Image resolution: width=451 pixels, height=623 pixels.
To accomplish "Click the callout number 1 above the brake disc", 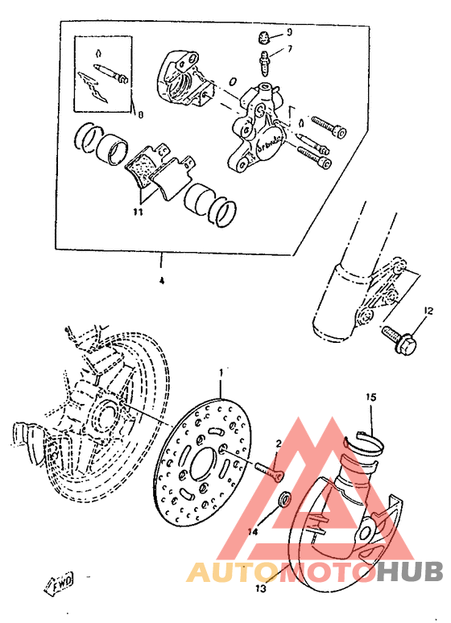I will [221, 373].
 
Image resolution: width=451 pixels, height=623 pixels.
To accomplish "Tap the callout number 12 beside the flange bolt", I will [428, 310].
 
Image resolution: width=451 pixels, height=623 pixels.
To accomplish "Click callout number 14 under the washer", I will [254, 531].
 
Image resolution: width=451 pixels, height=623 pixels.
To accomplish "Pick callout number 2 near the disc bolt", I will [278, 444].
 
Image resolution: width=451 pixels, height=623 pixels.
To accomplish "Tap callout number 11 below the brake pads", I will [138, 212].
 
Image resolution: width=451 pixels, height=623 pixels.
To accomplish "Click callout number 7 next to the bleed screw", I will [291, 50].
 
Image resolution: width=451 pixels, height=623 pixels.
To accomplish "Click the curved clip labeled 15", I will [361, 443].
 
